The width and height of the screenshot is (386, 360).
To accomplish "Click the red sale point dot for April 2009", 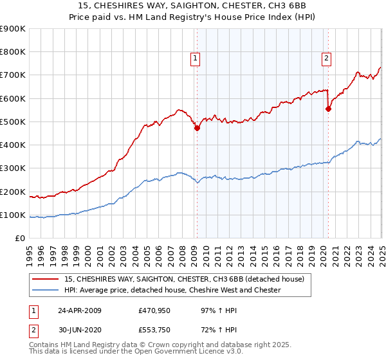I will click(198, 128).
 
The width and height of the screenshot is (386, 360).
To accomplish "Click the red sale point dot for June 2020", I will click(328, 109).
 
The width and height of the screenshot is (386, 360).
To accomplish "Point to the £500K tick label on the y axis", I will click(12, 122).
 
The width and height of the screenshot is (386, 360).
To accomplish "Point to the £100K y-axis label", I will click(12, 215).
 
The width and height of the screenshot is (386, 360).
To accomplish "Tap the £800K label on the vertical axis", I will click(12, 52).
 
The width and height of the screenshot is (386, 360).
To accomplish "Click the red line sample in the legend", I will click(44, 279).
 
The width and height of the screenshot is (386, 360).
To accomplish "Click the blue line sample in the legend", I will click(44, 291).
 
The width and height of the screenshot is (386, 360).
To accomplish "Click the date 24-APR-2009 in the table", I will click(79, 310).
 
